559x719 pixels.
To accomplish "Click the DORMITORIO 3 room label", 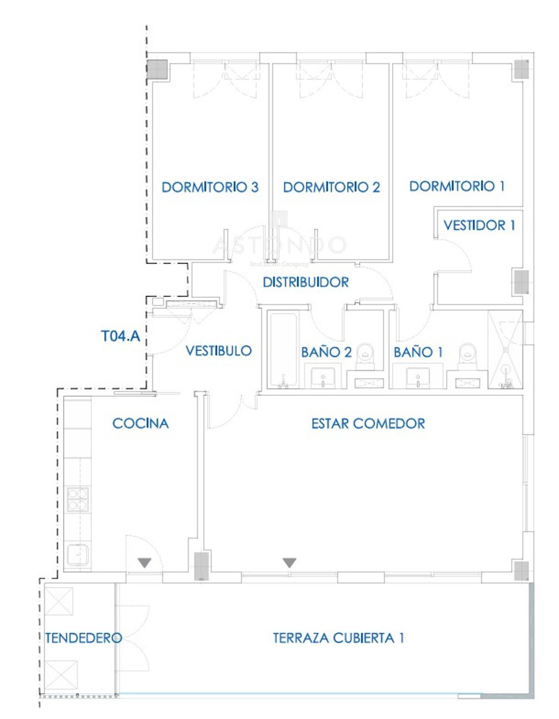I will pos(210,187).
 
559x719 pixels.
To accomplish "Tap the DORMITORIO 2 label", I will pos(331,187).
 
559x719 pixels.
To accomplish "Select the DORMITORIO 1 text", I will pos(457,186).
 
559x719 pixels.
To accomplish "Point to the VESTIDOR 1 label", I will pos(479,225).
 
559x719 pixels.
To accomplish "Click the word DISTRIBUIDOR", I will pos(306,282).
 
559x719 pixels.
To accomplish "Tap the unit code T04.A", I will pos(121,336).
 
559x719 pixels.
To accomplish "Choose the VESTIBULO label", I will pos(219,351).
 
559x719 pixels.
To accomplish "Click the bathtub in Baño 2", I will pos(283,351).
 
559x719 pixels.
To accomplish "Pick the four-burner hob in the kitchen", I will pos(77,500).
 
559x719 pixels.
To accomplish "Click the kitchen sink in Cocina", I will pos(78,555).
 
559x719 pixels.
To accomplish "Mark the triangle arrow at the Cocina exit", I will pos(144,563).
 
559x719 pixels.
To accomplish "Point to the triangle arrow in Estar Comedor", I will pos(289,562).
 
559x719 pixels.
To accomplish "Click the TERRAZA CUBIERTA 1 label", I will pos(338,638).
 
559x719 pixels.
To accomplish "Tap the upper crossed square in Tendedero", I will pos(59,601).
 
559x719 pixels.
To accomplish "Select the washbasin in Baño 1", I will pos(418,378).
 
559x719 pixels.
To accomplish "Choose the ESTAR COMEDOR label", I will pos(368,423).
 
